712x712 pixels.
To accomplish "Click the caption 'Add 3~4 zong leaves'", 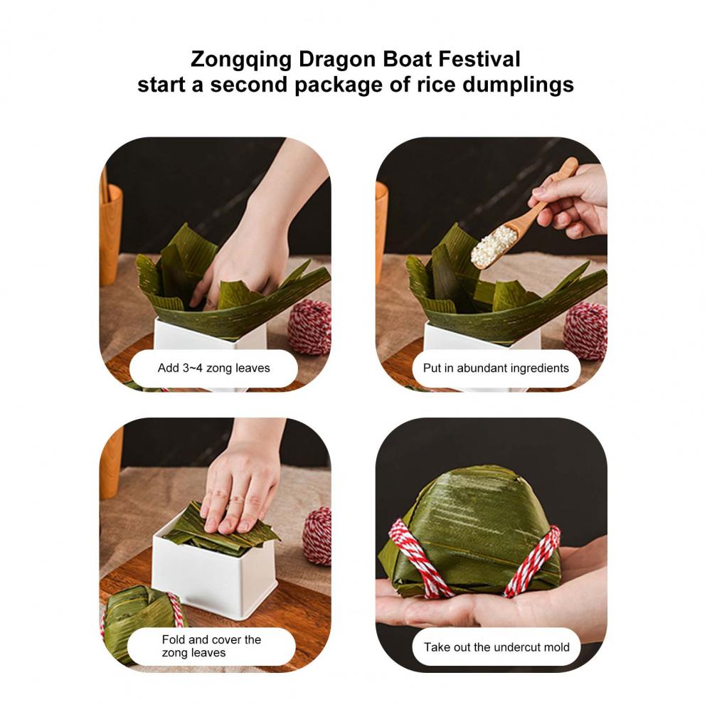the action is tap(213, 368).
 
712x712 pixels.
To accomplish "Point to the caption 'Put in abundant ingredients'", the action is tap(496, 368).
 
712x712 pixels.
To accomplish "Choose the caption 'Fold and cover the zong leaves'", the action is tap(211, 646).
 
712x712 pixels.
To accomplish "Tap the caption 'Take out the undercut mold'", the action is tap(496, 647).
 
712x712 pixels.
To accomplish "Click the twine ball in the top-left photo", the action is tap(309, 328).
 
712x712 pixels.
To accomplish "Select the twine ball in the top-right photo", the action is tap(585, 331).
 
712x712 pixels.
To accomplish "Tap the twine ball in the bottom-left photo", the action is tap(317, 536).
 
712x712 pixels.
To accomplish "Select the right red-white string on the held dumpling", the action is tap(532, 561).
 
